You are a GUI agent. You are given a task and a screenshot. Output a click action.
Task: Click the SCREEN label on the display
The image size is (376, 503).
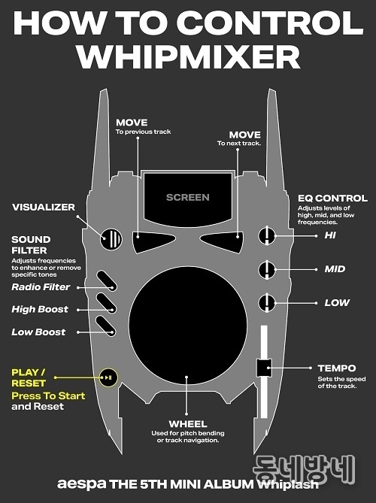tap(188, 197)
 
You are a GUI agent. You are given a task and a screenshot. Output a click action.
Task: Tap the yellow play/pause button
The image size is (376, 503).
tap(108, 377)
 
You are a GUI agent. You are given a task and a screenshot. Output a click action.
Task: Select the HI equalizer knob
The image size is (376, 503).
tap(267, 235)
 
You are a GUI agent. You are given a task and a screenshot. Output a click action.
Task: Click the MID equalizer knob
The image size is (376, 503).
tap(267, 269)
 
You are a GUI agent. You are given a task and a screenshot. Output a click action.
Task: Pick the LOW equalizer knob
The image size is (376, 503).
tap(267, 303)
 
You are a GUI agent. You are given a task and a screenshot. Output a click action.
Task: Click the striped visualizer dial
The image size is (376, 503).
tap(111, 238)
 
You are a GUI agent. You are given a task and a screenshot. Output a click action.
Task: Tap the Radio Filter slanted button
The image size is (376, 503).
tap(107, 281)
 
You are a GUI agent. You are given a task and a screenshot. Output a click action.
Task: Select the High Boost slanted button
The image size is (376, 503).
tap(107, 304)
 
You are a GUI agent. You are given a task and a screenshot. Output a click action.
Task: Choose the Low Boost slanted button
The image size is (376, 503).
tap(106, 326)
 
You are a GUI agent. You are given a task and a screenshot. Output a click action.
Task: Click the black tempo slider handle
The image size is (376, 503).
tap(264, 368)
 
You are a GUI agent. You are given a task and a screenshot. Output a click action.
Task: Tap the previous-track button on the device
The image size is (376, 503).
tap(153, 241)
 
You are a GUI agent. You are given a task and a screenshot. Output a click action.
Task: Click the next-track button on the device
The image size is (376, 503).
tap(222, 242)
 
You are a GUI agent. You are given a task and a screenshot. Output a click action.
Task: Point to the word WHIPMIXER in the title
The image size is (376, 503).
tap(188, 57)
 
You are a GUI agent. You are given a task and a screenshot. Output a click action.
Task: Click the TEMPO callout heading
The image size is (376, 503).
tap(337, 368)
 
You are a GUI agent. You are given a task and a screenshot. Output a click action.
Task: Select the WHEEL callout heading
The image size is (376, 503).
tap(188, 424)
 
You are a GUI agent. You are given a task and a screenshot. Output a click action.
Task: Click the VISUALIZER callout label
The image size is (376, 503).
tap(44, 208)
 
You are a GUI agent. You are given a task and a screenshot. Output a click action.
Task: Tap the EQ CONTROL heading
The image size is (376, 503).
tap(332, 198)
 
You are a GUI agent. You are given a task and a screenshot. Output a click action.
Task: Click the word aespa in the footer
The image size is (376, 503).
tap(81, 484)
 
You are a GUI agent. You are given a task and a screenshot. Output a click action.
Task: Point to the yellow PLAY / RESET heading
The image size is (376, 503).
tap(29, 378)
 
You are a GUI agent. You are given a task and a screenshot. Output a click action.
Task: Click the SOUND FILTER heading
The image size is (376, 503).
tap(31, 245)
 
